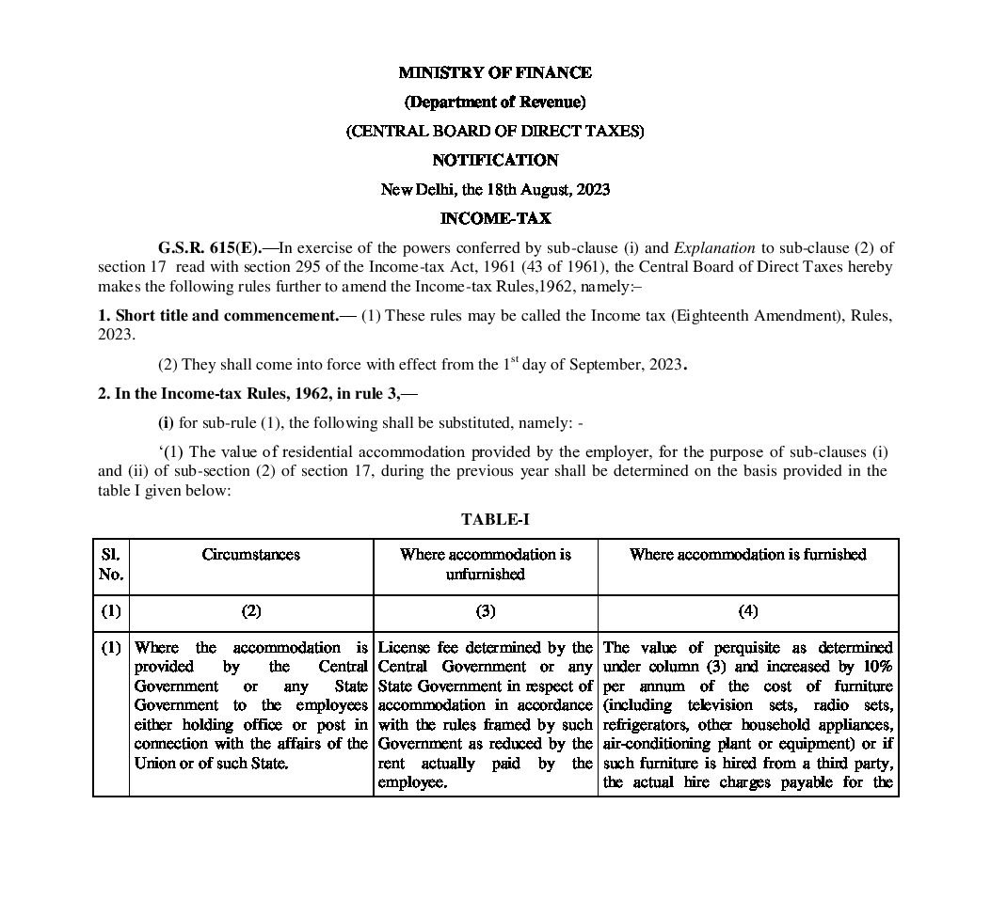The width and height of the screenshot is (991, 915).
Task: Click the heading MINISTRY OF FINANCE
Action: (495, 72)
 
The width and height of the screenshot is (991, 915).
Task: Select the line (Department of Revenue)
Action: (495, 102)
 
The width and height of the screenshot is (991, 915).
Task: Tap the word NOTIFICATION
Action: (495, 160)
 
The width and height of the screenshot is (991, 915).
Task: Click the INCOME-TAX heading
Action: (495, 218)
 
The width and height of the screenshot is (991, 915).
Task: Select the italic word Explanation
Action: (712, 248)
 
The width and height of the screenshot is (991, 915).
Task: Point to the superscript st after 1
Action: (515, 360)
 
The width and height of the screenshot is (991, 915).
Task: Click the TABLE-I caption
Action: (495, 519)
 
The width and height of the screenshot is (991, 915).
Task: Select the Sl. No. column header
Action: (111, 564)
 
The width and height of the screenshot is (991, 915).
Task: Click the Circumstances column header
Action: (250, 555)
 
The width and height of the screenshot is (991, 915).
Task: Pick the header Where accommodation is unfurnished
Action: (485, 564)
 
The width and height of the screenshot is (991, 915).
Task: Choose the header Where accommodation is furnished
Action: (747, 555)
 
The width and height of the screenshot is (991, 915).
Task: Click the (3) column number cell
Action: (485, 611)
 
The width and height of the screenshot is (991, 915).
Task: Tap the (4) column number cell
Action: (747, 611)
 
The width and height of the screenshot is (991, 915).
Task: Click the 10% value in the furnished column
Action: (876, 667)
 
